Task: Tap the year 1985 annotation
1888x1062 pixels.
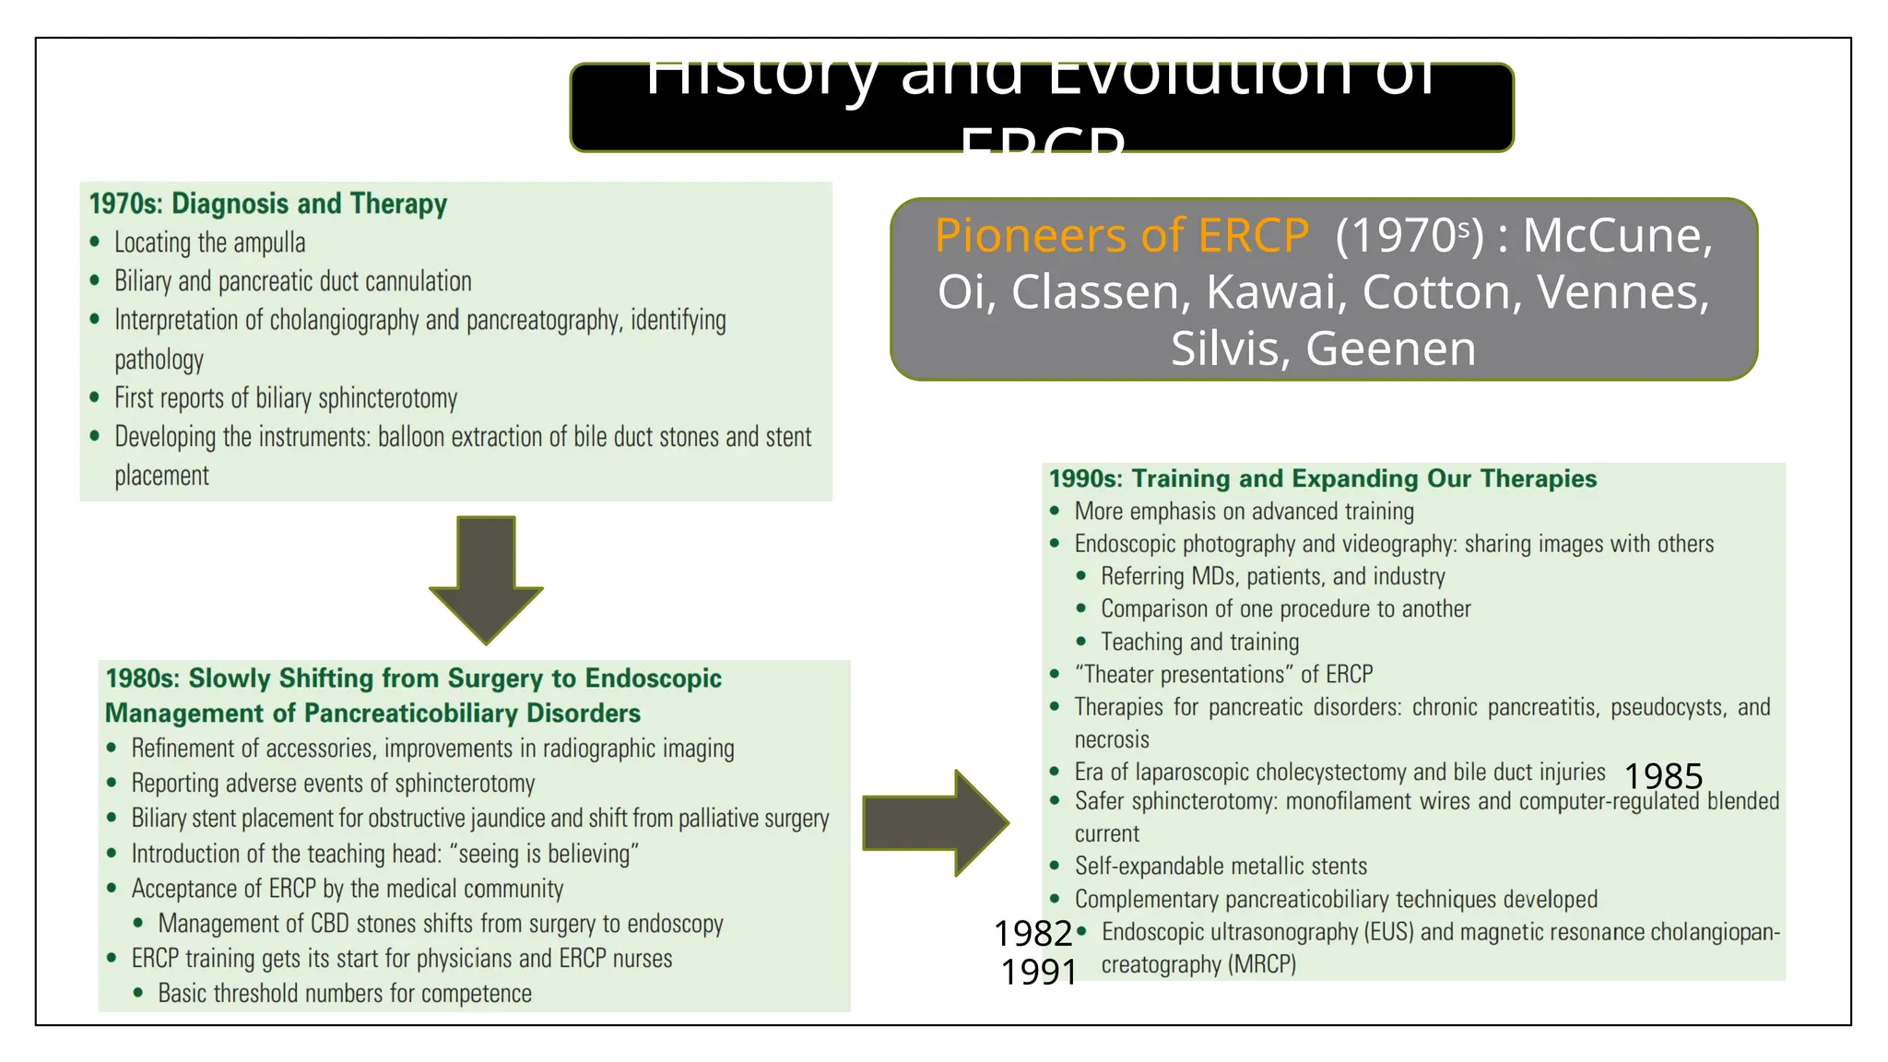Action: pyautogui.click(x=1663, y=776)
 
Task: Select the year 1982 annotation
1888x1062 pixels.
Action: pyautogui.click(x=1032, y=934)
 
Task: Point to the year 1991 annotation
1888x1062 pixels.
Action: pyautogui.click(x=1039, y=972)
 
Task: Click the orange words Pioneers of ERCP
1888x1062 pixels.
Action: pyautogui.click(x=1121, y=235)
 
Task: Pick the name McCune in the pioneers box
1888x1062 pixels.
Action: pyautogui.click(x=1617, y=235)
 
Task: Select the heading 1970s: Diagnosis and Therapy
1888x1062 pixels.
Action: pyautogui.click(x=267, y=204)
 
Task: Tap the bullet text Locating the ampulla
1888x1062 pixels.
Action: pyautogui.click(x=209, y=242)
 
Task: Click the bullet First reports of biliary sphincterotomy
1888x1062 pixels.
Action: pyautogui.click(x=286, y=398)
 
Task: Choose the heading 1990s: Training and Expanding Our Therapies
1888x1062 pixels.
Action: pyautogui.click(x=1322, y=478)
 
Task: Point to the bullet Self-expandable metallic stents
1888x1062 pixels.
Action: pyautogui.click(x=1221, y=866)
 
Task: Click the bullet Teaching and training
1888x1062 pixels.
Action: pyautogui.click(x=1199, y=642)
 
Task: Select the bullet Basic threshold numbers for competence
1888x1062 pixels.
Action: pyautogui.click(x=345, y=993)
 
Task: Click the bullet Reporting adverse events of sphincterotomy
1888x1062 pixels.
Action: pyautogui.click(x=333, y=784)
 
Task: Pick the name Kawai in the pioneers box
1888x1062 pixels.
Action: pyautogui.click(x=1271, y=292)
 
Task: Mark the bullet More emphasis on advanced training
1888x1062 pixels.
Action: pyautogui.click(x=1244, y=512)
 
